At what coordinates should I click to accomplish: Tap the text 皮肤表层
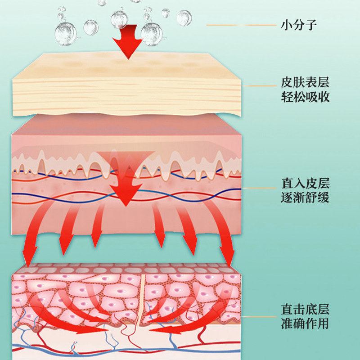tap(305, 83)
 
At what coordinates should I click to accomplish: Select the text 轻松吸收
tap(305, 97)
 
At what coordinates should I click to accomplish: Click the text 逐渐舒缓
tap(305, 197)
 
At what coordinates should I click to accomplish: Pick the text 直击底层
tap(305, 309)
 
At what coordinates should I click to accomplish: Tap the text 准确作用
tap(305, 323)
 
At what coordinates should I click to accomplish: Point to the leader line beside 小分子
tap(241, 25)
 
